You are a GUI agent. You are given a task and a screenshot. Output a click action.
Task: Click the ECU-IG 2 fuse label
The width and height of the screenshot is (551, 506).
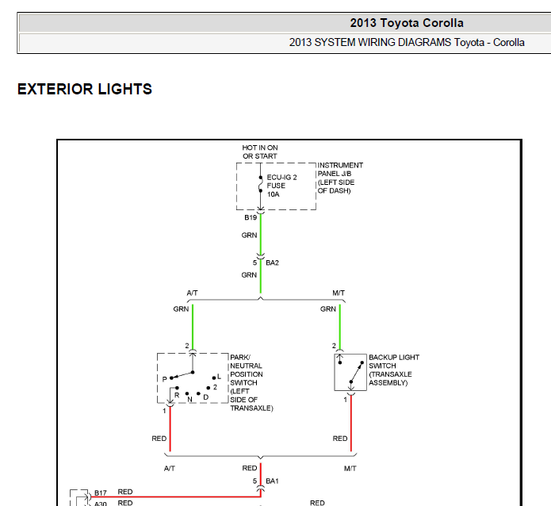281,186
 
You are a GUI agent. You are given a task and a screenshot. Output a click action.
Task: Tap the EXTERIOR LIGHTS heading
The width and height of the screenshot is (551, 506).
85,89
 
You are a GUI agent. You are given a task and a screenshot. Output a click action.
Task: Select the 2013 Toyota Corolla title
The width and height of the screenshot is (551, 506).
407,23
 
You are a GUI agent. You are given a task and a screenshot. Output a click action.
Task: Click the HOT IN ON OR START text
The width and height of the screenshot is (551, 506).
260,152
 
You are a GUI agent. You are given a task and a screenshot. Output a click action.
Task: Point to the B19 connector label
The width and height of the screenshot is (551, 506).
251,217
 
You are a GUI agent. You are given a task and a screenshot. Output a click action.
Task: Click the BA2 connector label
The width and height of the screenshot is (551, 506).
273,263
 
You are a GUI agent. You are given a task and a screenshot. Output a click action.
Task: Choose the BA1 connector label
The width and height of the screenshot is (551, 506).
273,481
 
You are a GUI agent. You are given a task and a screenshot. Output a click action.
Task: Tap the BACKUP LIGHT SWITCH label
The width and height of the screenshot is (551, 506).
394,370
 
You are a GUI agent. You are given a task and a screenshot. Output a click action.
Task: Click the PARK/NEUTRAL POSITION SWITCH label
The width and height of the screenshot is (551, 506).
251,382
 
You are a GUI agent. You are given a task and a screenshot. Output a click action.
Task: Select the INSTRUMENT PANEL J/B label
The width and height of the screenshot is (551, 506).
340,178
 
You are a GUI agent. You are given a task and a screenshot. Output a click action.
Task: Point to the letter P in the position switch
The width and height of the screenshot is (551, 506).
164,379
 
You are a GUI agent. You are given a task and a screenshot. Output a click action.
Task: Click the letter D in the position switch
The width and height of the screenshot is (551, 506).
206,397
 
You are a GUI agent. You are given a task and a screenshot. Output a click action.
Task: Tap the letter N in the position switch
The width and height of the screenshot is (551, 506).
189,400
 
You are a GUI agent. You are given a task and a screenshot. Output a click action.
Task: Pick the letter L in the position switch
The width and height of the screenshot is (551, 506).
220,377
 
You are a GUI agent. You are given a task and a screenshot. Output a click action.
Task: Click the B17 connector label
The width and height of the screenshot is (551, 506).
101,493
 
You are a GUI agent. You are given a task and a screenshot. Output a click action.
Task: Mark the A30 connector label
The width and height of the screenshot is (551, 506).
101,504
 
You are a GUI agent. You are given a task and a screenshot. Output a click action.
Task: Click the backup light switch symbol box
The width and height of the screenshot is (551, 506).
335,373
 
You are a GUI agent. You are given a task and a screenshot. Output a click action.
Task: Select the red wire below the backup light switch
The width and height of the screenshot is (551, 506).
351,423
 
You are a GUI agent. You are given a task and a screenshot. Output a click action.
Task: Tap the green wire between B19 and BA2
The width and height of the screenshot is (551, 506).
260,234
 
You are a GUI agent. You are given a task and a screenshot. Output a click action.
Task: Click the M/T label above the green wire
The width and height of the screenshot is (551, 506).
339,293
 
